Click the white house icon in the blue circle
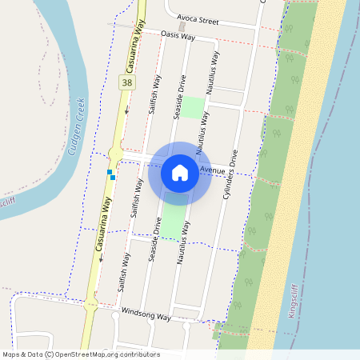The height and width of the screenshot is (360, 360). point(180,172)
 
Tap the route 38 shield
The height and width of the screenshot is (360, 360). point(127,82)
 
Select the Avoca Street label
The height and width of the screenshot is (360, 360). point(198,18)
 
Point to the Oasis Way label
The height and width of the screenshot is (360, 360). point(178,35)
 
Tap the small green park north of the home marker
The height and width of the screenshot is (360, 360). point(192,107)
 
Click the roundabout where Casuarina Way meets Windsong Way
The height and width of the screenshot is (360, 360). point(90,305)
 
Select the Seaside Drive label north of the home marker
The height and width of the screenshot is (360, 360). point(181,98)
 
